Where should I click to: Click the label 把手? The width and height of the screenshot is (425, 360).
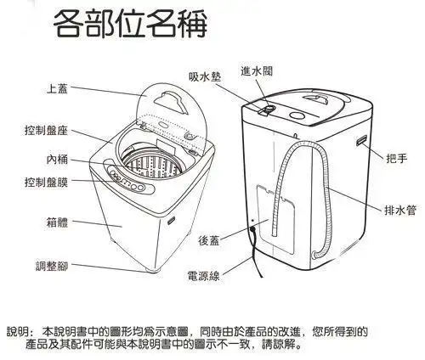pos(397,159)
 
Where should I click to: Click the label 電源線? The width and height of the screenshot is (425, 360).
pos(204,276)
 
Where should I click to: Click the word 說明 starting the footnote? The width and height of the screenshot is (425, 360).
pos(19,330)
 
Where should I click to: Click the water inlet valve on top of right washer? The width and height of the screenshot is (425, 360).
pos(266,109)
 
